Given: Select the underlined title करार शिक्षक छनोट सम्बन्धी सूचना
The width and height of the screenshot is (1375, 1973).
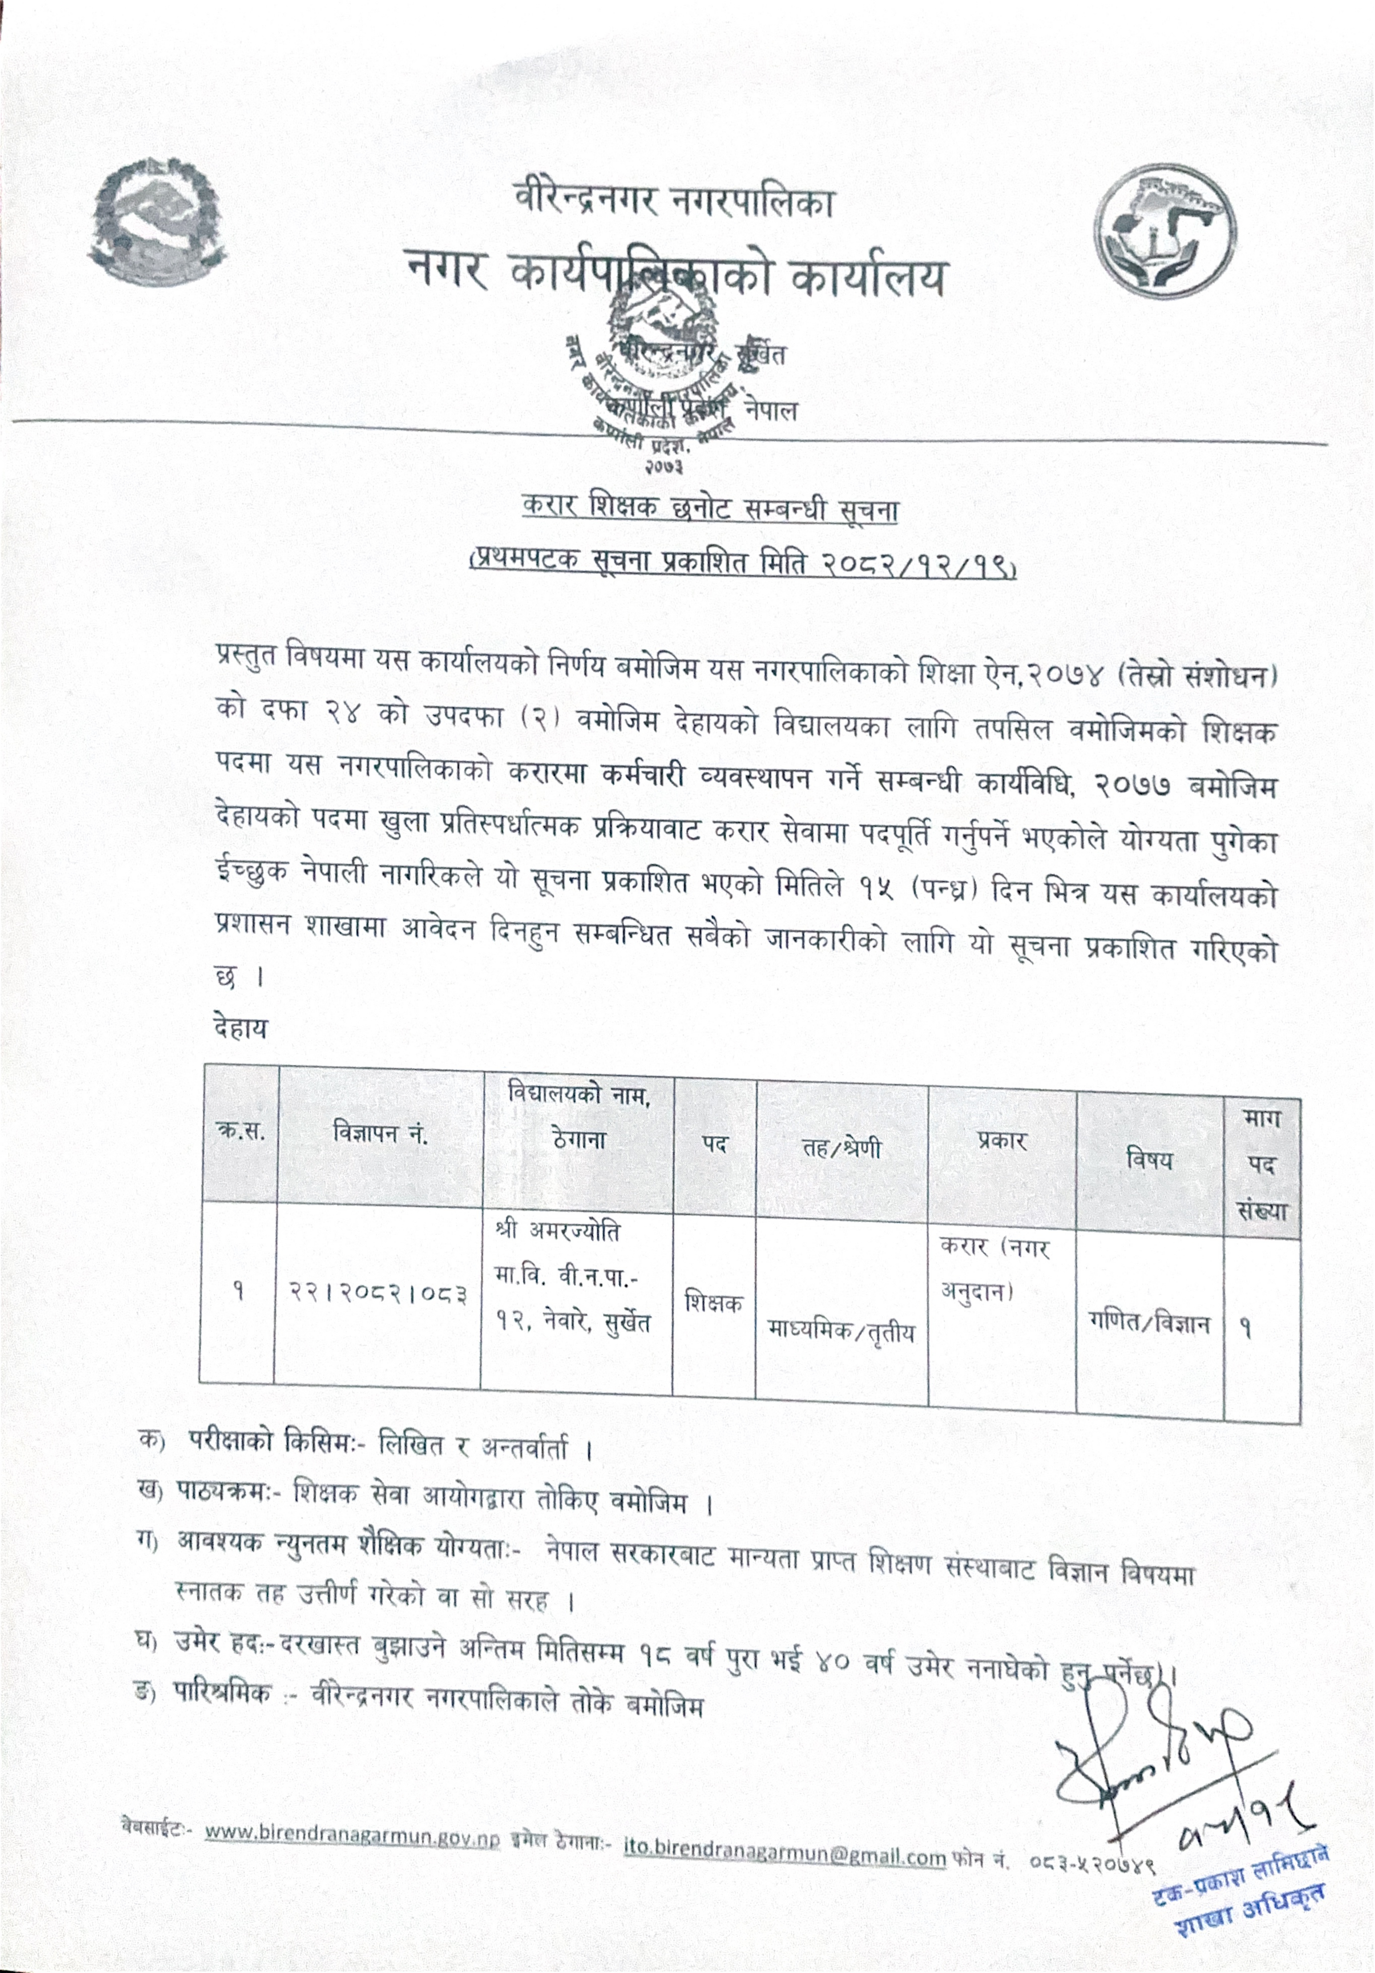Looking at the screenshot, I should click(x=710, y=510).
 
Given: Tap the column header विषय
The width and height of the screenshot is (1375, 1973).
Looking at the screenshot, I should click(x=1149, y=1160).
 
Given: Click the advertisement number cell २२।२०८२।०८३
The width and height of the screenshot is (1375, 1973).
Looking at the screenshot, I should click(x=378, y=1292).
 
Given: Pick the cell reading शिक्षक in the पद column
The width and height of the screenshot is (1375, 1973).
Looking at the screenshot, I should click(x=713, y=1302).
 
